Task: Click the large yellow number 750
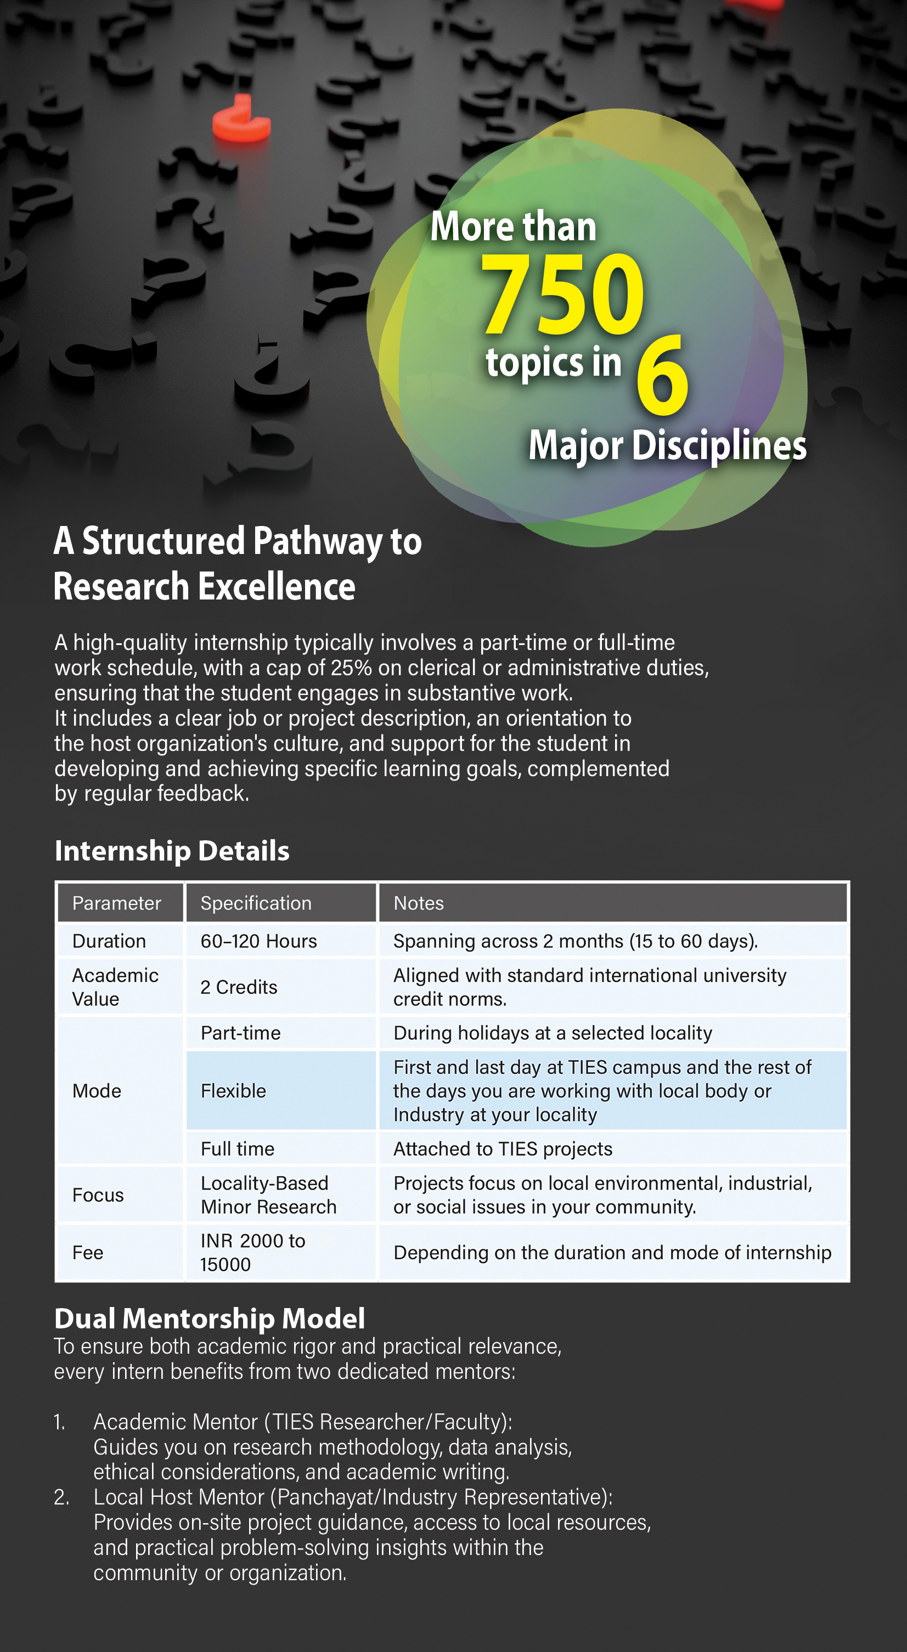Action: pos(562,294)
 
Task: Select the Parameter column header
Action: pos(116,903)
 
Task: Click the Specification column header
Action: pos(256,903)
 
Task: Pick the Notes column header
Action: pos(418,903)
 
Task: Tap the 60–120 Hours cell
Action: pos(258,941)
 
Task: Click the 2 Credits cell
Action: pos(239,987)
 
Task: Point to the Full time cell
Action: pos(238,1149)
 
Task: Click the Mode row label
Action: pos(97,1091)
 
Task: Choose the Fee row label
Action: pos(88,1253)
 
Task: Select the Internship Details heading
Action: pos(172,851)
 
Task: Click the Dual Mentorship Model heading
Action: pos(210,1319)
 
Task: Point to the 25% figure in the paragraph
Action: pos(351,667)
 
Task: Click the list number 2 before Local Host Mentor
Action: pos(61,1497)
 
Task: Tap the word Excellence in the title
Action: pos(277,587)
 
